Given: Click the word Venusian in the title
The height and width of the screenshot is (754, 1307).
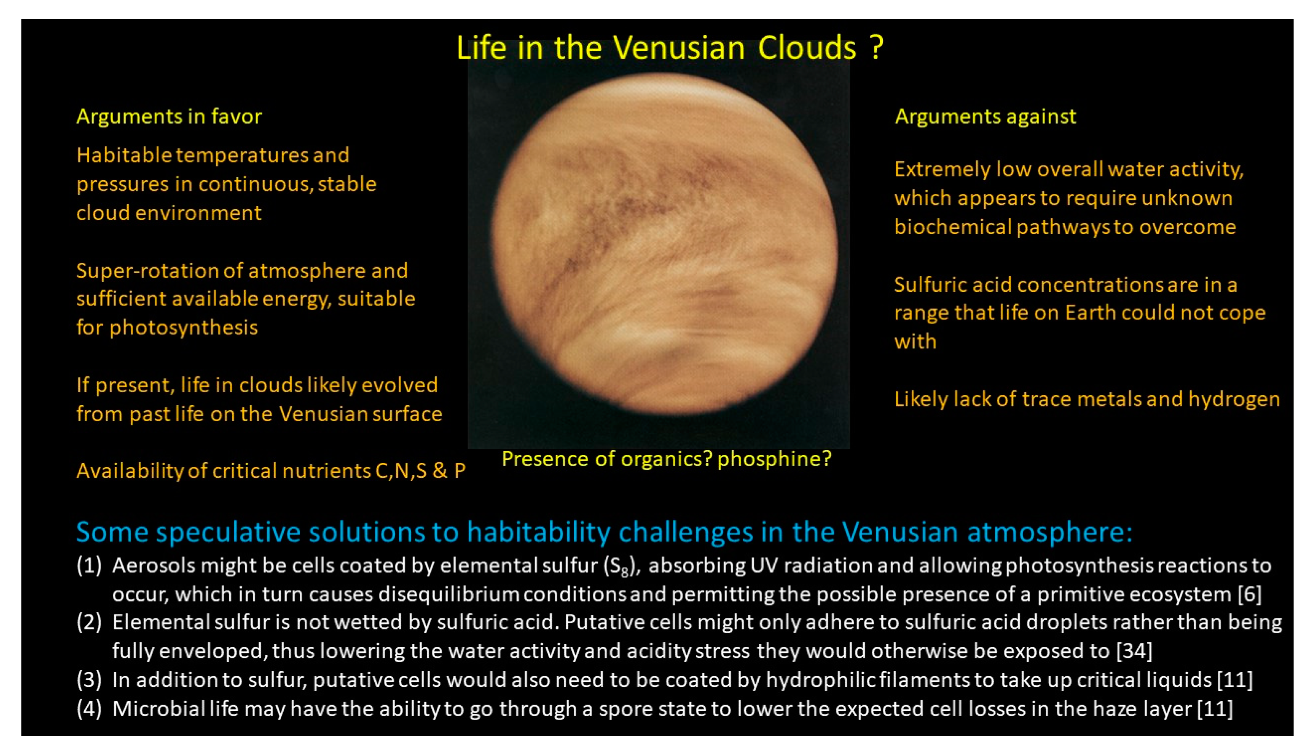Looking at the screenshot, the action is tap(679, 48).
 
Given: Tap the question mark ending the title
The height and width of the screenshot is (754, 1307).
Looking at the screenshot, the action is tap(876, 48).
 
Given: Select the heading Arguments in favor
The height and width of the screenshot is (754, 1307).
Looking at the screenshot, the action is tap(169, 117).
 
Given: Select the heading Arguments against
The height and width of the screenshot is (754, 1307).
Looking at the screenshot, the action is tap(985, 117).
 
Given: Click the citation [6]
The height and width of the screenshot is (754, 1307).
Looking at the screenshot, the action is tap(1249, 594).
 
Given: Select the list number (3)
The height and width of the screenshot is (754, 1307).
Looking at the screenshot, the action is tap(89, 680).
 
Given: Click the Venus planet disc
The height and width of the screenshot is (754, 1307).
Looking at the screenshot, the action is tap(664, 244).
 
